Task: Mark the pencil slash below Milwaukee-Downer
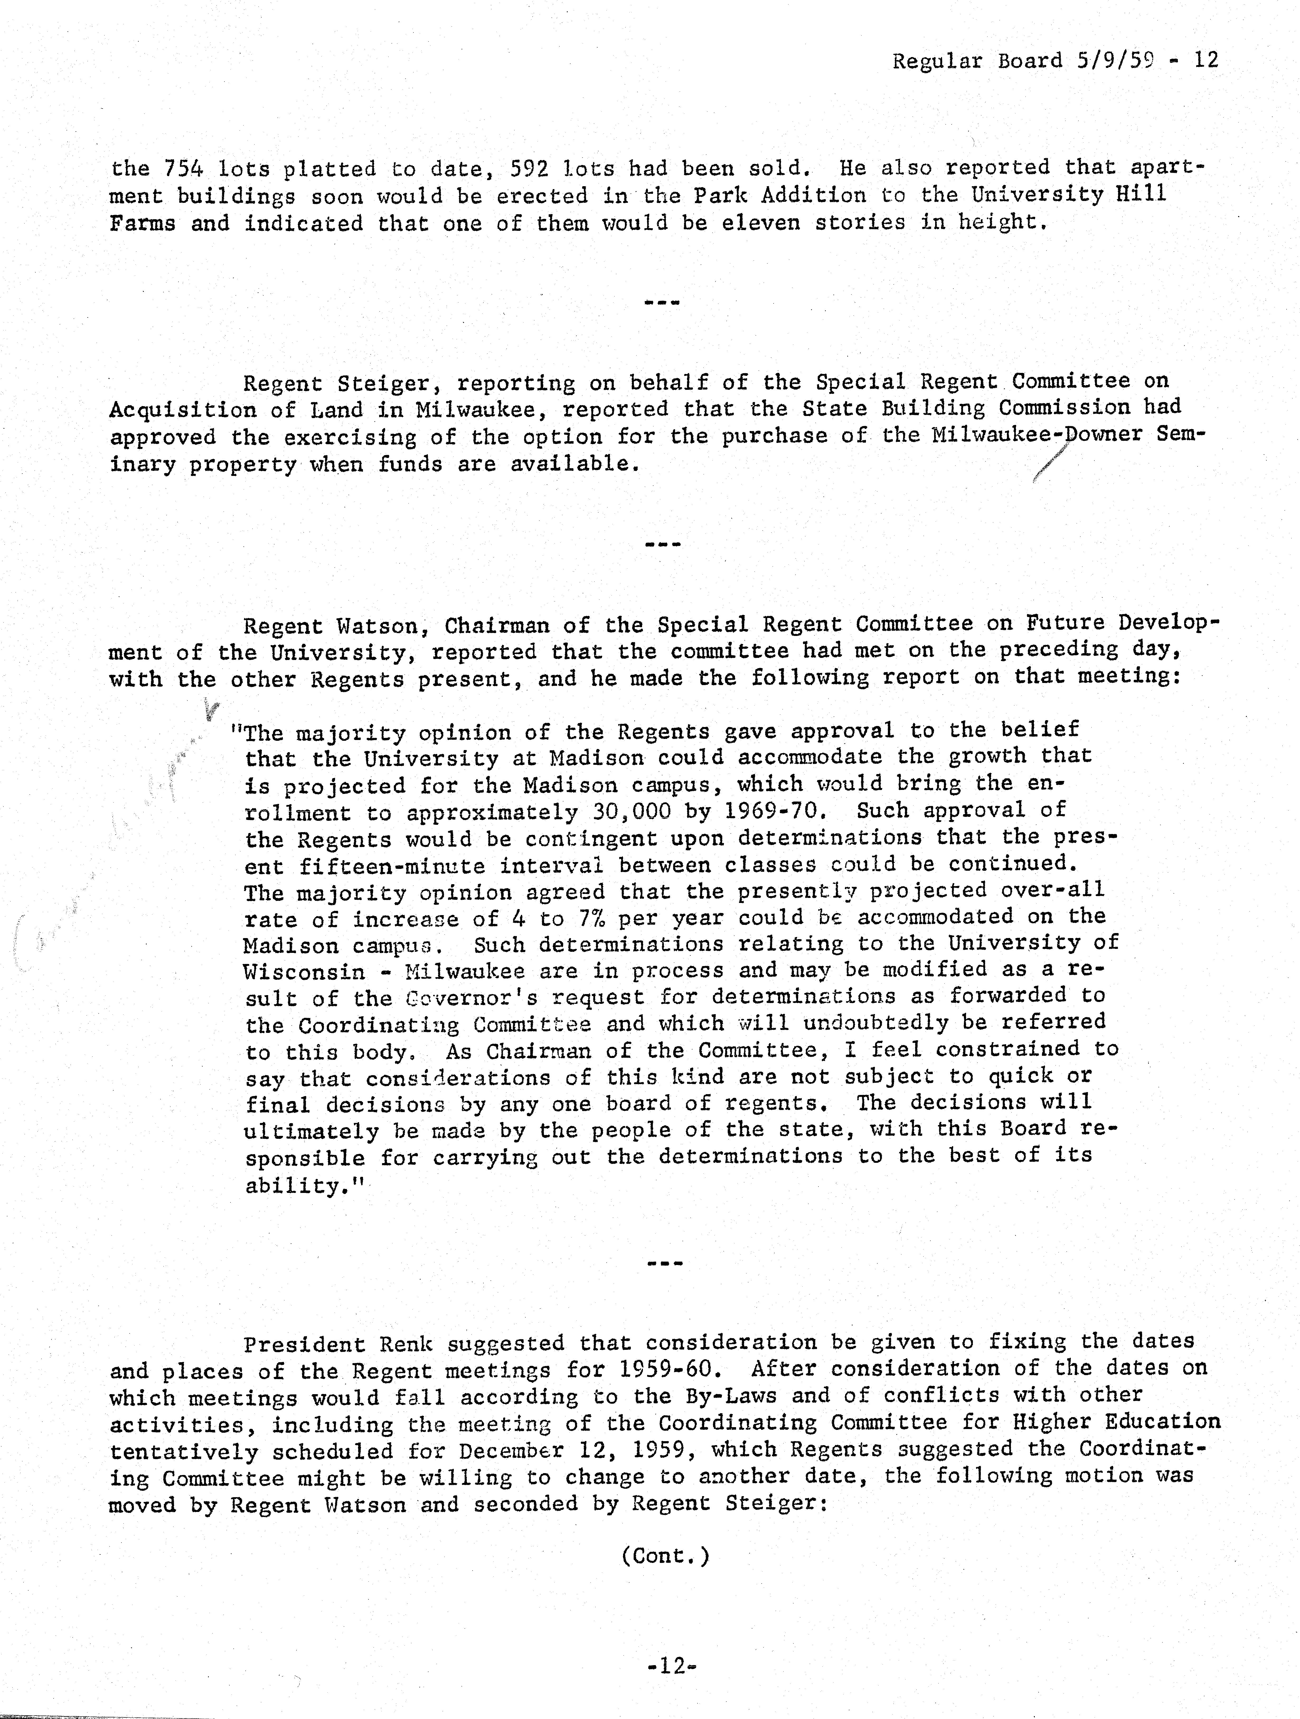(x=1051, y=466)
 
